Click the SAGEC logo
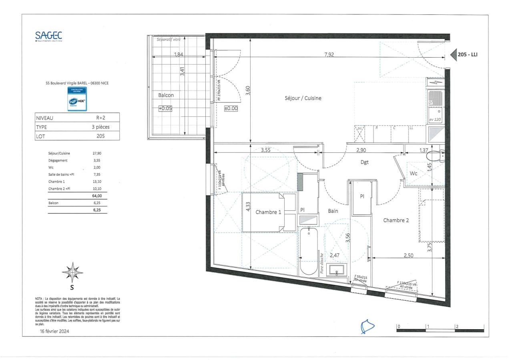[x=48, y=36]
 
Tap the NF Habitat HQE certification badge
[x=77, y=99]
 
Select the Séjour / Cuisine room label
[x=303, y=98]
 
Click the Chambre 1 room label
[x=269, y=212]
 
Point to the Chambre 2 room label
[x=396, y=220]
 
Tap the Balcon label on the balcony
[x=166, y=95]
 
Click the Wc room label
[x=414, y=174]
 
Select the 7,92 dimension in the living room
[x=329, y=55]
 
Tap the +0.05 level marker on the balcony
[x=165, y=108]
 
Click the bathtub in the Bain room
[x=308, y=251]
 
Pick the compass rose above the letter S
[x=72, y=272]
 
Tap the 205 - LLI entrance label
[x=467, y=55]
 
